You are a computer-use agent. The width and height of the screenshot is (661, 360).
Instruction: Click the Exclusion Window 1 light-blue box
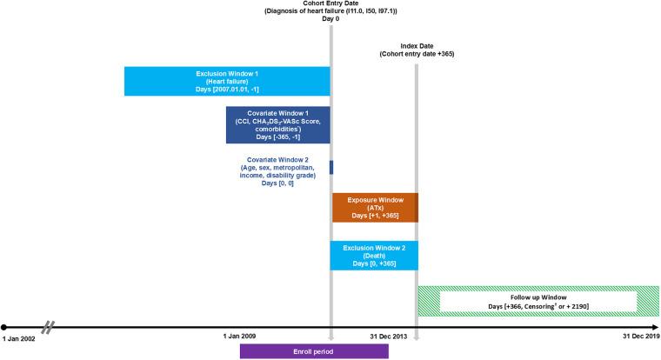click(226, 81)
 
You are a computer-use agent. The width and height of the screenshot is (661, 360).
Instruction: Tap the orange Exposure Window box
click(374, 207)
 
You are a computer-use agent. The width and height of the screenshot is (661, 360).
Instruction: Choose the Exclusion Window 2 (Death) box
click(374, 254)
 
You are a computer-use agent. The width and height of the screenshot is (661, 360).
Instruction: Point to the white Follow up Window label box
click(539, 302)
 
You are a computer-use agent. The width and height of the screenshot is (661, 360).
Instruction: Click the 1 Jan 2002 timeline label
click(19, 336)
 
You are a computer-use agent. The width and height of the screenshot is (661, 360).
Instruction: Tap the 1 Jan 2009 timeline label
click(241, 336)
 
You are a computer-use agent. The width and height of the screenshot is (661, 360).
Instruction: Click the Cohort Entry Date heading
click(330, 3)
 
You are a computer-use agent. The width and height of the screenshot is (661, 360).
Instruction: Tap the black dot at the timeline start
click(4, 327)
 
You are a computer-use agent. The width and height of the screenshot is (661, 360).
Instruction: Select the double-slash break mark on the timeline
click(50, 327)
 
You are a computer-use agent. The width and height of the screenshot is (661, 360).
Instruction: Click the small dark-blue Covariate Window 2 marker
click(330, 167)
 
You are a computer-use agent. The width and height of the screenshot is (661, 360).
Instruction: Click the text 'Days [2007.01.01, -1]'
click(226, 90)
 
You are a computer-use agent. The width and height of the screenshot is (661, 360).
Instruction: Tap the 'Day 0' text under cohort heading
click(330, 19)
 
